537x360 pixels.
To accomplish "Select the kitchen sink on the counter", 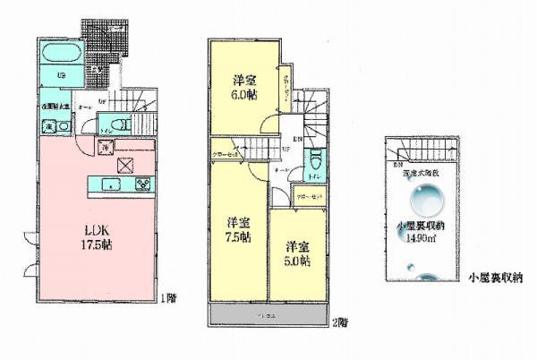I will pos(111,184).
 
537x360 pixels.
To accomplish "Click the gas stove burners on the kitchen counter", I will pos(143,184).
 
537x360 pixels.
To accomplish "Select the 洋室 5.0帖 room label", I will pos(297,252).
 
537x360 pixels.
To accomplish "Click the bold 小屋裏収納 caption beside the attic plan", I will pos(494,279).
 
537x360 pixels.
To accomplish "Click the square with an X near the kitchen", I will pos(124,163).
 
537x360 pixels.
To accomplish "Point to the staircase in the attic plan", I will pos(419,153).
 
